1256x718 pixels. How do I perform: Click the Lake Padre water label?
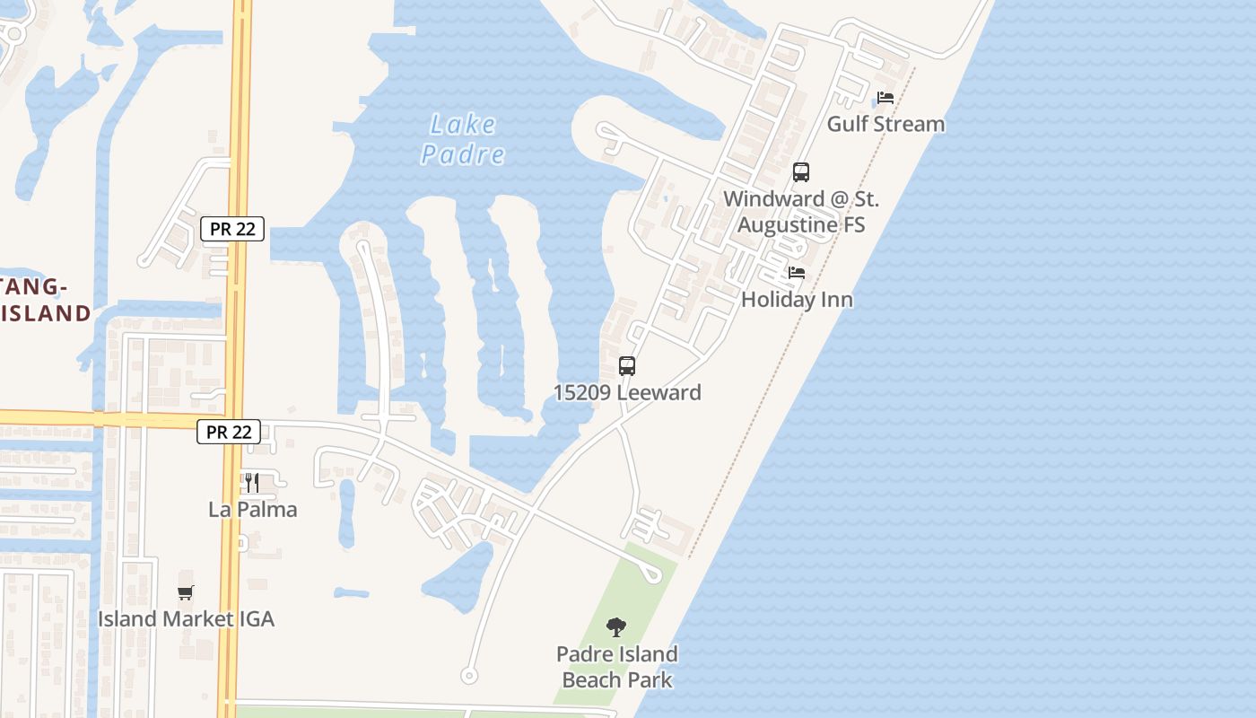(x=463, y=139)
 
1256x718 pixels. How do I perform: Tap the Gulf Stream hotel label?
(x=885, y=124)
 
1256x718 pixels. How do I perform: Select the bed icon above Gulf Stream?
(x=885, y=98)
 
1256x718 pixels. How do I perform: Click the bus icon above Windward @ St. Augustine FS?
(x=801, y=172)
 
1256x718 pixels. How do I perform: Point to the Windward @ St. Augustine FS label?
(x=801, y=211)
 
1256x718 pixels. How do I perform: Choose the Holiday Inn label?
(x=797, y=299)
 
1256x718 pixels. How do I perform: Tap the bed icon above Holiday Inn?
(x=797, y=273)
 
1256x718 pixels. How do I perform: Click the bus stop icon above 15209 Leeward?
(x=627, y=366)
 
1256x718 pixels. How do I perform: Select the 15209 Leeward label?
(x=627, y=392)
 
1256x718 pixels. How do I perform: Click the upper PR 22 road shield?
(x=232, y=229)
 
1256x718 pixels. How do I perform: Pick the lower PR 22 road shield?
(x=229, y=432)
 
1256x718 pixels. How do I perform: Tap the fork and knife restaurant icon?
(x=252, y=483)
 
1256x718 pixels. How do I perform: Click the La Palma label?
(x=252, y=509)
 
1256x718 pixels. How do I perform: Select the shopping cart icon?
(x=186, y=592)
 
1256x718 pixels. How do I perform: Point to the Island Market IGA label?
(x=186, y=618)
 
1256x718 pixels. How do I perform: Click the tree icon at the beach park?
(x=616, y=627)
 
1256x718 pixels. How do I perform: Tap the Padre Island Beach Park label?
(x=616, y=667)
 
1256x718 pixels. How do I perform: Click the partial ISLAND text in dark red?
(x=46, y=313)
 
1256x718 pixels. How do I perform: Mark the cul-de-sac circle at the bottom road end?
(x=467, y=675)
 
